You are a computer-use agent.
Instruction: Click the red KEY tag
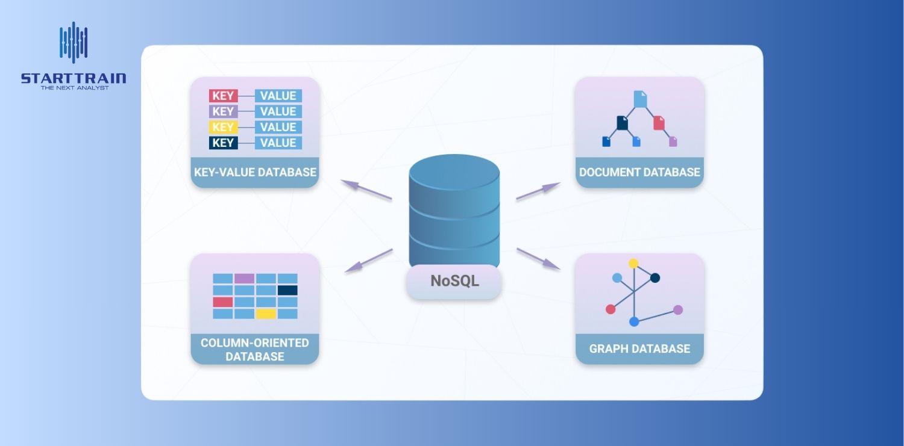[223, 96]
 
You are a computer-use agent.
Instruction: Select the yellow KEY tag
[223, 127]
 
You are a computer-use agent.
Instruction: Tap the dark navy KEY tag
[223, 143]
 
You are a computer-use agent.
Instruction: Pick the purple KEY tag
[223, 111]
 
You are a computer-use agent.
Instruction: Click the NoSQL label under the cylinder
[454, 281]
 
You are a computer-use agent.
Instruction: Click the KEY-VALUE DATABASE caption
[255, 172]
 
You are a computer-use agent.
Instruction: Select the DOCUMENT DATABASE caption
[639, 172]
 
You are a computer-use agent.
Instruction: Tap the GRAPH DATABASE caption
[639, 349]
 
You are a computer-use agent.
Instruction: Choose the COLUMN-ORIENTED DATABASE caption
[255, 350]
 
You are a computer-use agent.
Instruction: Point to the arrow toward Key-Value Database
[366, 190]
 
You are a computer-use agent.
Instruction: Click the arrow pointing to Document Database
[538, 191]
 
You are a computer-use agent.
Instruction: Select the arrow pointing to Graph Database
[538, 258]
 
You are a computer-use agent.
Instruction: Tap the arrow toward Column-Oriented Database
[368, 261]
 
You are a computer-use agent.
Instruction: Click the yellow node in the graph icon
[633, 264]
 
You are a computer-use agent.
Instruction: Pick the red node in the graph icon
[611, 309]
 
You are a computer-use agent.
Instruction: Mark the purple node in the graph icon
[678, 310]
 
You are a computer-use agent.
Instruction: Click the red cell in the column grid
[222, 302]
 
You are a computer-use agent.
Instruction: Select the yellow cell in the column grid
[266, 314]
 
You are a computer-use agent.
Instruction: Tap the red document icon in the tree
[659, 123]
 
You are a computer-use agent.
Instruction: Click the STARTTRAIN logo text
[74, 78]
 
